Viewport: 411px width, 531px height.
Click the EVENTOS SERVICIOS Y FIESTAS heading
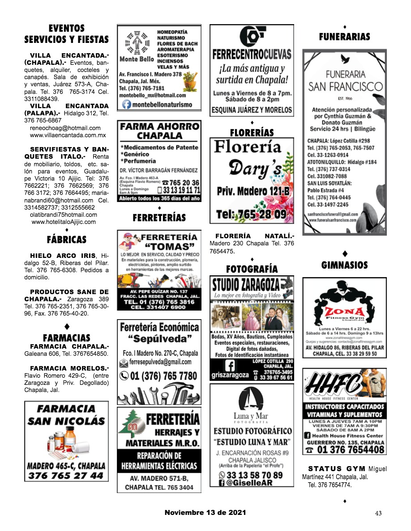tap(66, 34)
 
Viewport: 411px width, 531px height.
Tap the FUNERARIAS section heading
tap(344, 37)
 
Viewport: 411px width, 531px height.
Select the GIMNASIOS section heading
tap(344, 265)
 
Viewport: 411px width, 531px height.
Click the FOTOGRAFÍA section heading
tap(252, 269)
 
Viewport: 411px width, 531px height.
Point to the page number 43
tap(378, 514)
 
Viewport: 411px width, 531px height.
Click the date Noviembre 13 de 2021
tap(205, 513)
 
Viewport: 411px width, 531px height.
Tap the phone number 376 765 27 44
tap(65, 476)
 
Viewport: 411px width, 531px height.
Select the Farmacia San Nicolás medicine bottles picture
tap(65, 440)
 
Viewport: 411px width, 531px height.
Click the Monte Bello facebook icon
tap(127, 105)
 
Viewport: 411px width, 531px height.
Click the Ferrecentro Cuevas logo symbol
tap(252, 36)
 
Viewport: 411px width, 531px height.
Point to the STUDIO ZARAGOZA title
tap(246, 285)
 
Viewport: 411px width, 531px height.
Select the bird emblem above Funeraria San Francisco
tap(344, 59)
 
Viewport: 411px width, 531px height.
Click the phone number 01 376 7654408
tap(351, 449)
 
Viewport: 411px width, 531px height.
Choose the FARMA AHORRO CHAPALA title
tap(159, 131)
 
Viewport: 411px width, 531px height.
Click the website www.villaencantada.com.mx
tap(68, 135)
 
